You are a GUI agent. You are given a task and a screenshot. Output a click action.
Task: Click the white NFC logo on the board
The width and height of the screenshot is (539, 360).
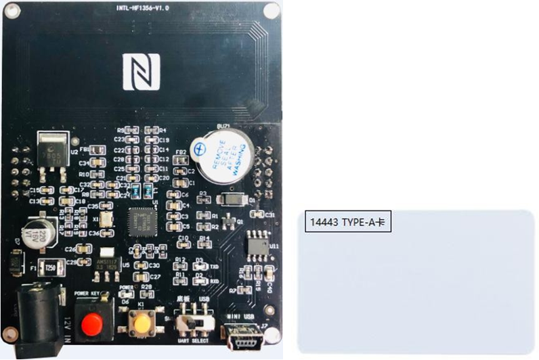click(x=141, y=71)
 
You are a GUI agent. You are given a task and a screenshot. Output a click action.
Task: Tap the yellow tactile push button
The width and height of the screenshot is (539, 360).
click(x=142, y=324)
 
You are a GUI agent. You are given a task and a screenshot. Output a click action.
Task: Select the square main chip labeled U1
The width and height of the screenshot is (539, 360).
click(x=144, y=220)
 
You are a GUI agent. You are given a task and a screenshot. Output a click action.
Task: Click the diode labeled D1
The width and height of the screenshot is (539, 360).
click(x=234, y=200)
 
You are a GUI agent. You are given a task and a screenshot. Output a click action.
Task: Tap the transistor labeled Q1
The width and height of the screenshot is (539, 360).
click(x=230, y=221)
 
